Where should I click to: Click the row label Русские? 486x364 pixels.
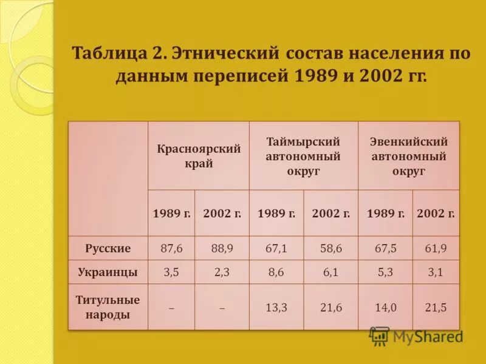pos(108,248)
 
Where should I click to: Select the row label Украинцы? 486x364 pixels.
pos(108,272)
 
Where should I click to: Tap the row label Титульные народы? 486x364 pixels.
pos(108,307)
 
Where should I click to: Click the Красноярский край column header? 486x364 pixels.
pos(199,156)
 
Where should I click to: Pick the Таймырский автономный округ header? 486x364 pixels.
pos(303,156)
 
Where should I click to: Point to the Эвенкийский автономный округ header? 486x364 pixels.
pos(408,156)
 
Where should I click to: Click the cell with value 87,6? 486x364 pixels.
pos(171,248)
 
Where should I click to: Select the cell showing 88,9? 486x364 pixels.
pos(222,248)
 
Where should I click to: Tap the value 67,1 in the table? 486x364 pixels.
pos(276,248)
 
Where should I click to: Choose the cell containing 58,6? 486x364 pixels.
pos(331,248)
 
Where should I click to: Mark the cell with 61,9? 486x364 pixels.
pos(436,248)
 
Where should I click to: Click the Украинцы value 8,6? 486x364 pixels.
pos(276,272)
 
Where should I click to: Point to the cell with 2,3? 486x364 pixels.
pos(222,272)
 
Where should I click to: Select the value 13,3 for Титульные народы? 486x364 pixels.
pos(276,308)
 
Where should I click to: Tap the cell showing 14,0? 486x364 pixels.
pos(385,308)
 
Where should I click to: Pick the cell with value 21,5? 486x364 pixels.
pos(436,308)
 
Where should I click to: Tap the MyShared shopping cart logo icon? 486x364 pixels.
pos(379,336)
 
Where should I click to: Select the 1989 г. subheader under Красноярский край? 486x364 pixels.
pos(171,214)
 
